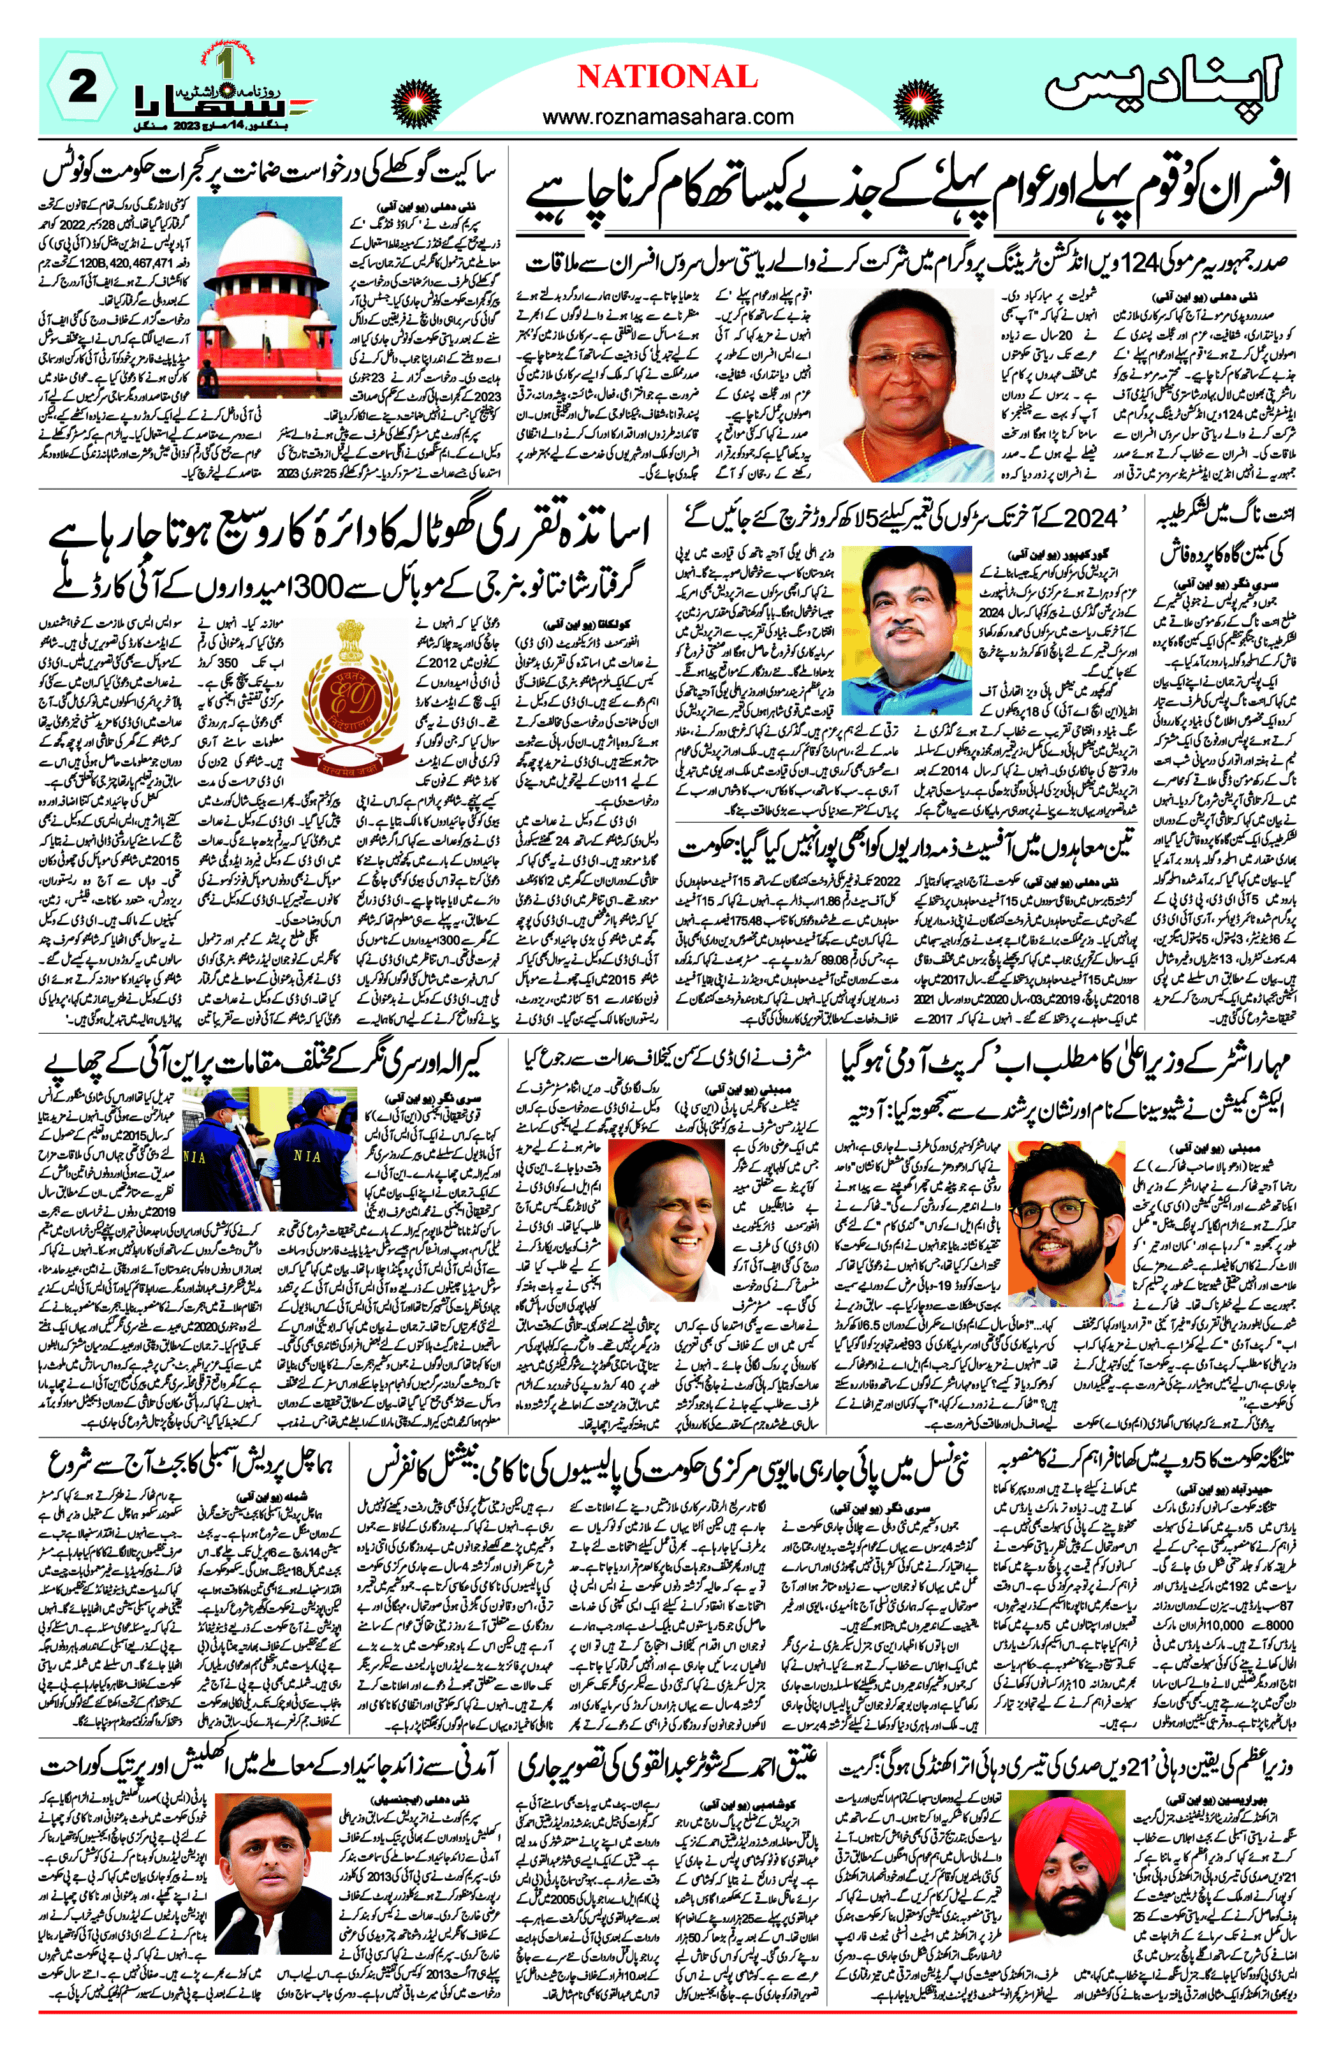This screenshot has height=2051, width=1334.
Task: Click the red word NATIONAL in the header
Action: click(x=667, y=78)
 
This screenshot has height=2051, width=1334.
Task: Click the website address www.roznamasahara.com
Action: click(x=667, y=115)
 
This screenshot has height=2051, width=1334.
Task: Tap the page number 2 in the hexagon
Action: click(x=82, y=88)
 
